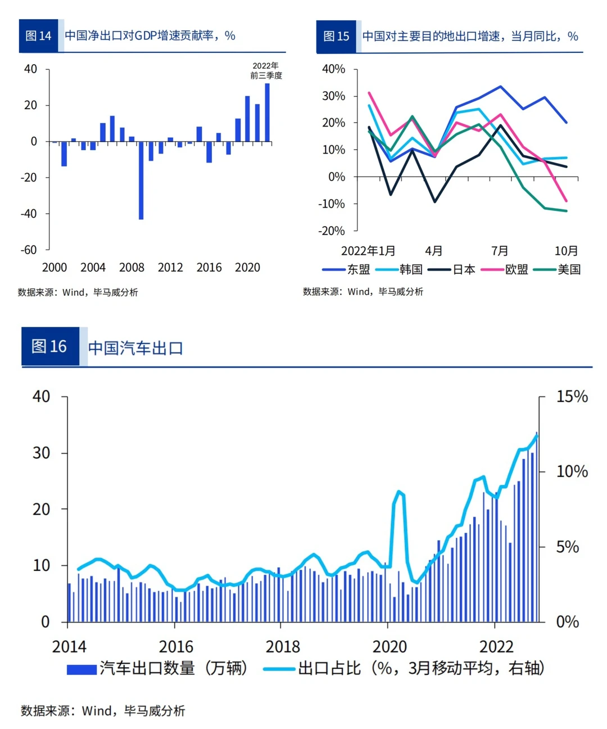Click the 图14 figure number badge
[38, 36]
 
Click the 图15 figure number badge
[336, 37]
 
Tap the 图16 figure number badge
[49, 346]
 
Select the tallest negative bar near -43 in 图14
[141, 180]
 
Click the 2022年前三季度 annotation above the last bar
[266, 70]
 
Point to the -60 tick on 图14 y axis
[29, 250]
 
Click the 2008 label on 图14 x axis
[132, 268]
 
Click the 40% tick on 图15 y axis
[333, 69]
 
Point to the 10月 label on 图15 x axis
[566, 251]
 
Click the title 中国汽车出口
[135, 348]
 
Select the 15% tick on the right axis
[572, 397]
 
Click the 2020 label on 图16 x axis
[389, 647]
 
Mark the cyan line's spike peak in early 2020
[399, 492]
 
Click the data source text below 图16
[103, 711]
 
